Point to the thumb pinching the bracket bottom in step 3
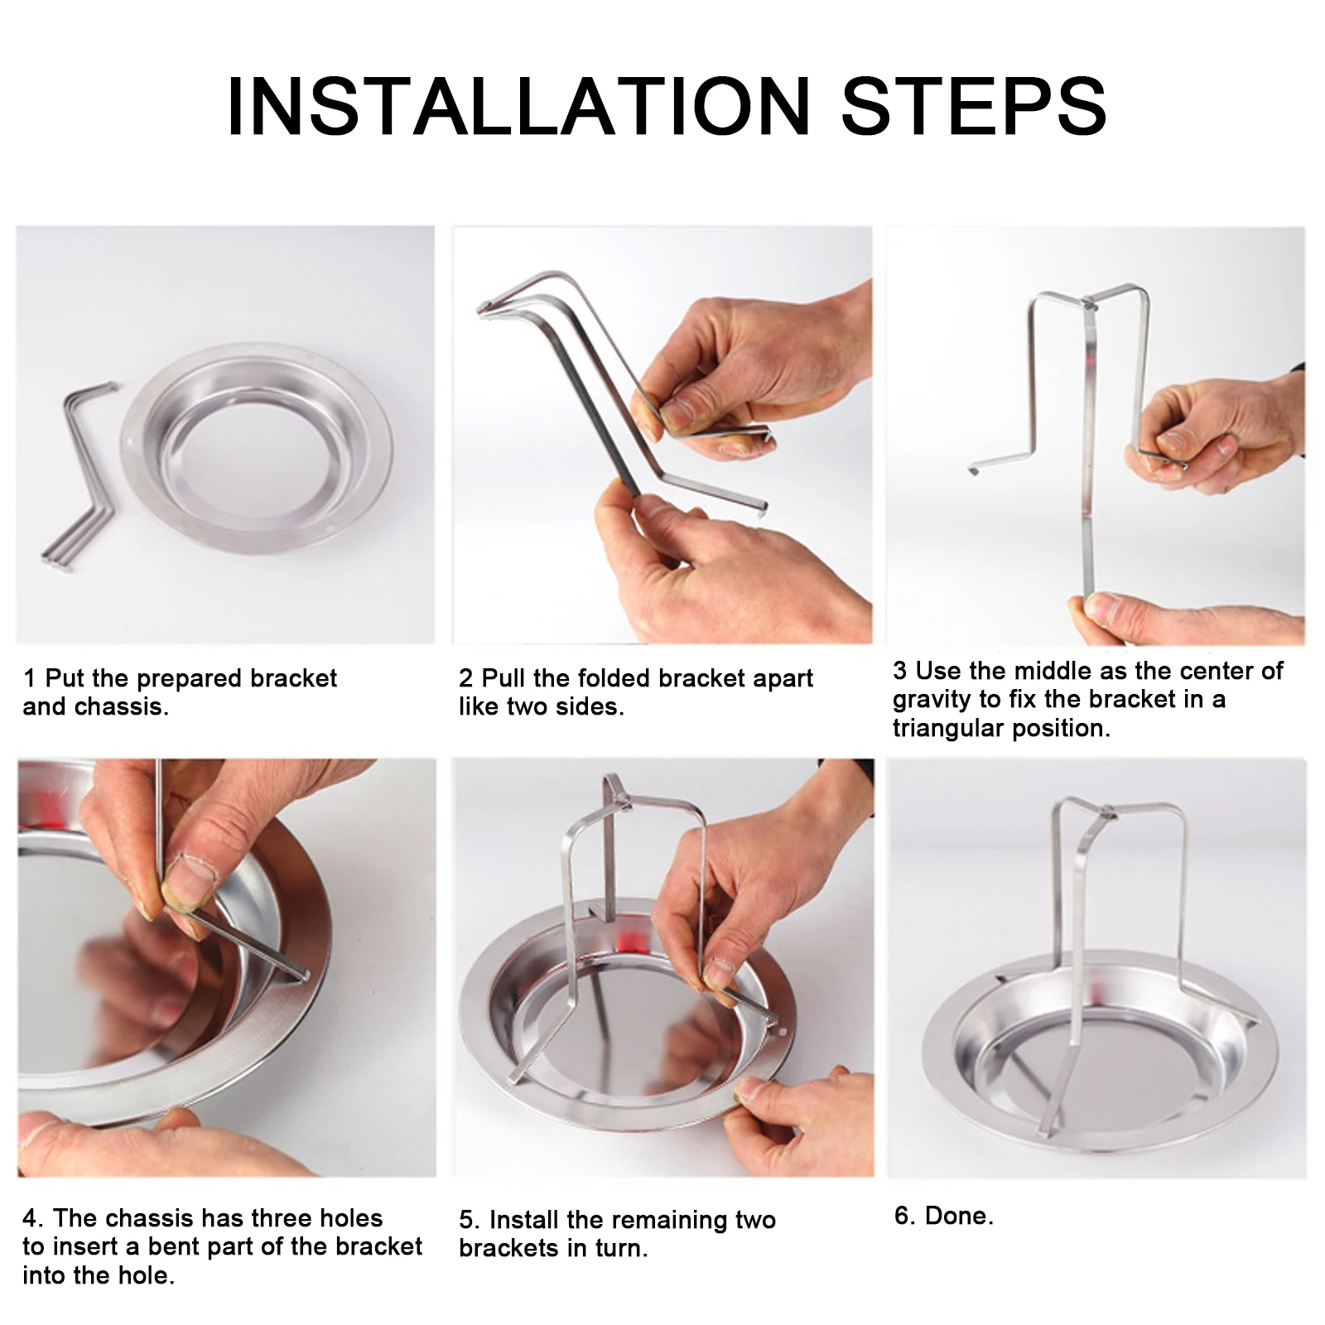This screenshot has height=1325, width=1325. (x=1106, y=609)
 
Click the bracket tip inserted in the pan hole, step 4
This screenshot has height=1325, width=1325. (x=303, y=976)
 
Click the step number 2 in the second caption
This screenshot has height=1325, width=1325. (x=465, y=678)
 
